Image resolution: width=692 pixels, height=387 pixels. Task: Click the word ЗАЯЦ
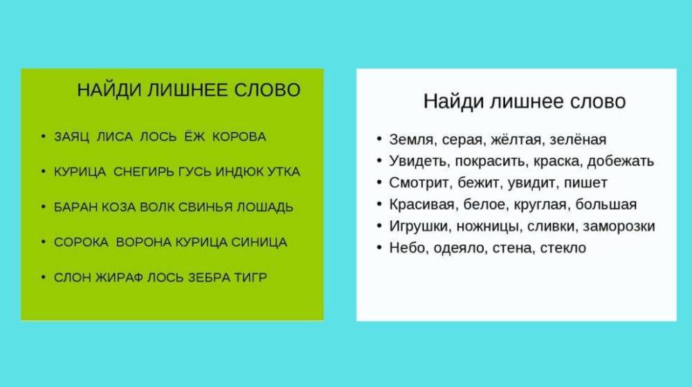click(71, 137)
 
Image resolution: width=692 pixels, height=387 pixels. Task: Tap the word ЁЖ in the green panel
click(194, 136)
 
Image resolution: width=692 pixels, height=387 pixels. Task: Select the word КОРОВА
click(239, 137)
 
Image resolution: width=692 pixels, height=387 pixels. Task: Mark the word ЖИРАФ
click(119, 278)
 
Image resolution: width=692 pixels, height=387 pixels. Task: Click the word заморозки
click(619, 226)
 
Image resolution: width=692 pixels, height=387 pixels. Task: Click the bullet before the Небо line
click(379, 248)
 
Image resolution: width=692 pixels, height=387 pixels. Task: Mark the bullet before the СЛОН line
click(43, 278)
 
